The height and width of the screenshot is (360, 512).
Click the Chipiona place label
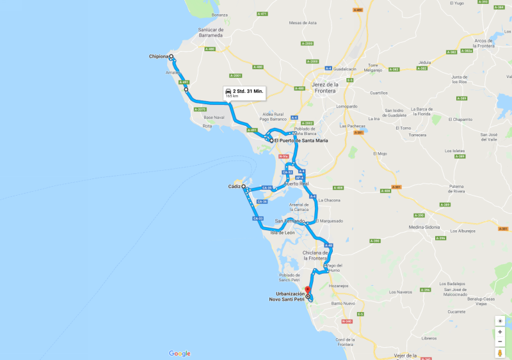click(x=158, y=57)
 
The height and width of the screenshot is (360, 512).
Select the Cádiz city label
click(x=234, y=187)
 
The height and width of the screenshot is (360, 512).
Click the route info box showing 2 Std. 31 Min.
click(x=244, y=93)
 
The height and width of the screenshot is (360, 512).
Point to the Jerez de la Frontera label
click(x=325, y=87)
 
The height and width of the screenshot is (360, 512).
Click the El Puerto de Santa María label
click(x=307, y=140)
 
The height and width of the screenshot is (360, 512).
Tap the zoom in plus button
click(x=500, y=332)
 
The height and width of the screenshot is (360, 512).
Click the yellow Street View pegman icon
click(x=500, y=352)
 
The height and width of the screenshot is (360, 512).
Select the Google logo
click(x=180, y=354)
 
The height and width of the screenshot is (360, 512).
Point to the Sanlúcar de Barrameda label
click(x=211, y=33)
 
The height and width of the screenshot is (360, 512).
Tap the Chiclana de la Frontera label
click(x=315, y=255)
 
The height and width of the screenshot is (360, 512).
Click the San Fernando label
click(x=289, y=221)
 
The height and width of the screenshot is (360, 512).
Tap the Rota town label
click(x=207, y=125)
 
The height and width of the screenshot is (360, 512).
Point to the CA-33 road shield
click(x=258, y=219)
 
